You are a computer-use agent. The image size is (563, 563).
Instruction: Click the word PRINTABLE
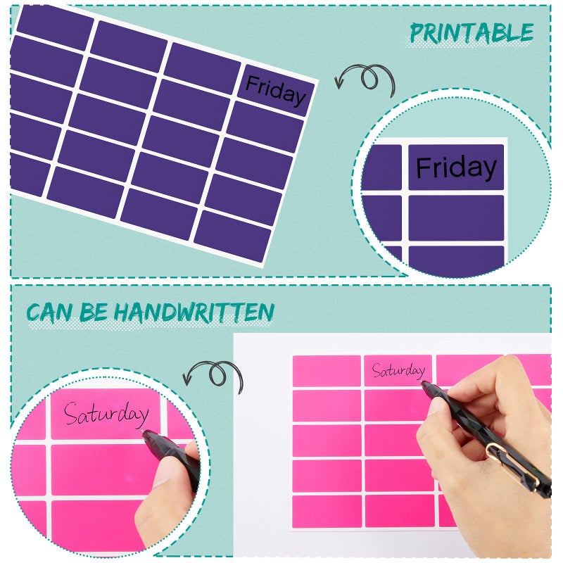coord(472,32)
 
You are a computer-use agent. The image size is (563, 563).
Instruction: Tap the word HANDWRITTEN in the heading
coord(203,312)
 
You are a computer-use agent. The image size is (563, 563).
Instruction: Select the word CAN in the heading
coord(51,312)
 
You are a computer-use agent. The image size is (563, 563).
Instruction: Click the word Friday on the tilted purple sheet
coord(275,91)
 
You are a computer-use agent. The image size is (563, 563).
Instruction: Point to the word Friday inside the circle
coord(456,167)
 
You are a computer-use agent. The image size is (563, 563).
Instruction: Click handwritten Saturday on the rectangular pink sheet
coord(398,369)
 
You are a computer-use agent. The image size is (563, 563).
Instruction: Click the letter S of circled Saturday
coord(71,413)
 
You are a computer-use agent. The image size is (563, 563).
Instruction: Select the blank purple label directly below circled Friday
coord(456,217)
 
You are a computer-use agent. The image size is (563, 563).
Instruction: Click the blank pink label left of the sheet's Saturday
coord(326,370)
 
